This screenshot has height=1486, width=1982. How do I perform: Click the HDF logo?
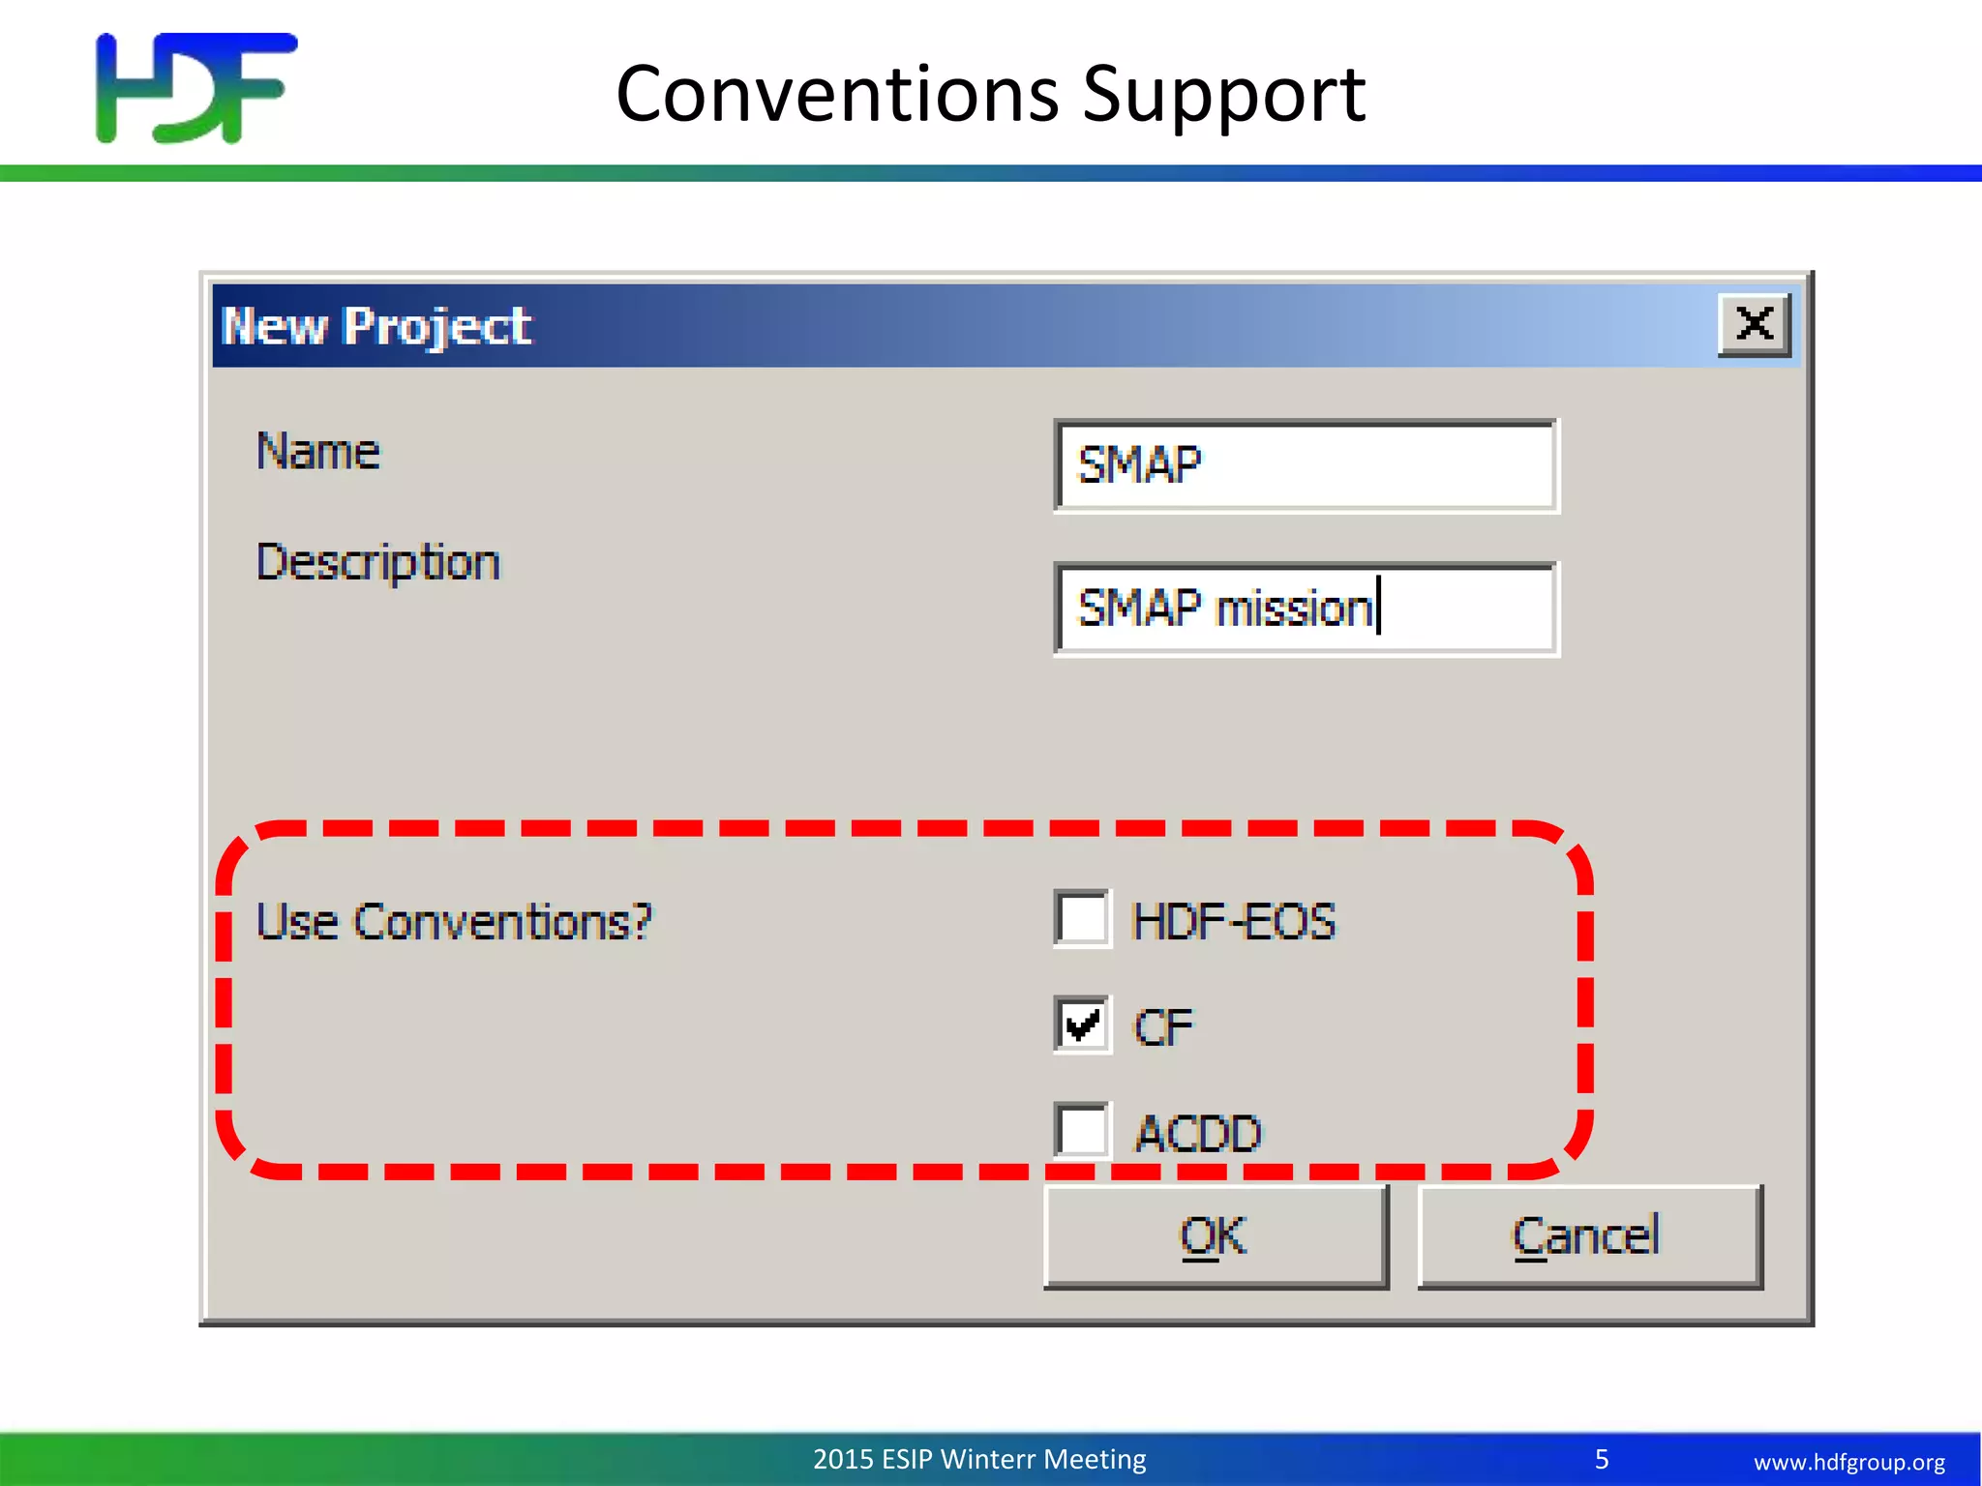coord(196,89)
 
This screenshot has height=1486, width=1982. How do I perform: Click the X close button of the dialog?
coord(1754,324)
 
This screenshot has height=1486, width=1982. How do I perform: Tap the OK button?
coord(1216,1236)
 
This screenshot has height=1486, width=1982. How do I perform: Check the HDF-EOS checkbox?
coord(1082,918)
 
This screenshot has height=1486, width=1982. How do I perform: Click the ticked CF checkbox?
coord(1082,1025)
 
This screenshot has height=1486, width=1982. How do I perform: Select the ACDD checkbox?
coord(1082,1130)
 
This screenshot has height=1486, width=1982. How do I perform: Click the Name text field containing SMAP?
coord(1306,465)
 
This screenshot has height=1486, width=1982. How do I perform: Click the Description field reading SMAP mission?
coord(1306,609)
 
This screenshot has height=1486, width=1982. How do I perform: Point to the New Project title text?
coord(375,326)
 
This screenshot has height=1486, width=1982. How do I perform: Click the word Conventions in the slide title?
coord(837,94)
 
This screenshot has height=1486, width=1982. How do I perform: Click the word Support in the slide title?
coord(1223,94)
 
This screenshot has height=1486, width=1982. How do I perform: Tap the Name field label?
coord(318,452)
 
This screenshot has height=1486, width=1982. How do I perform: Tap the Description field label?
coord(378,563)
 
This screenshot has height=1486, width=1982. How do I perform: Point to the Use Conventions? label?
coord(454,922)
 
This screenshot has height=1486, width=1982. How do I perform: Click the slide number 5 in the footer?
coord(1602,1459)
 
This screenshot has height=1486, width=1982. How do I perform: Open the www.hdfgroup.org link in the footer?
coord(1848,1462)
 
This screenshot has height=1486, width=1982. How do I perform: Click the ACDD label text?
coord(1198,1133)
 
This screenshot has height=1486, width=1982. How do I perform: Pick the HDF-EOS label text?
coord(1233,921)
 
